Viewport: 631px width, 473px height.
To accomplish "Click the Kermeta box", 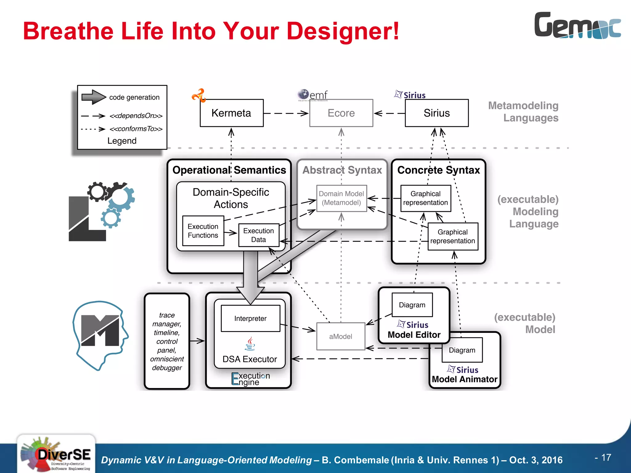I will click(231, 113).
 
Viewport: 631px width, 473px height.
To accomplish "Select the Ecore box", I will click(341, 113).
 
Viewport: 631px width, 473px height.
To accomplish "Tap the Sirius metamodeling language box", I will click(437, 113).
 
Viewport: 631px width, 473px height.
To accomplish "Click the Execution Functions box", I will click(203, 231).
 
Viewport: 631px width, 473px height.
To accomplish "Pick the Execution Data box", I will click(259, 235).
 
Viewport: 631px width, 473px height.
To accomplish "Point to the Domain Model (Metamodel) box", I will click(341, 198).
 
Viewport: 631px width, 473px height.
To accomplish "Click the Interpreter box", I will click(250, 318).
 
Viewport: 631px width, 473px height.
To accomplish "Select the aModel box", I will click(340, 336).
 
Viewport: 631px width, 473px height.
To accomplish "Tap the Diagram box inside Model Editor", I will click(412, 305).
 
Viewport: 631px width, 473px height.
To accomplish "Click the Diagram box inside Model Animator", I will click(462, 350).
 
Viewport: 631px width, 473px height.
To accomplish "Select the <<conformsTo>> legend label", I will click(136, 129).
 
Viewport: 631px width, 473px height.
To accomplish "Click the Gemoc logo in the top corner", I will click(577, 26).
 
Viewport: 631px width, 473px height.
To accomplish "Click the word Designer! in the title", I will click(343, 31).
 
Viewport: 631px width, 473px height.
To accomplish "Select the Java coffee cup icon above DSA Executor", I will click(250, 344).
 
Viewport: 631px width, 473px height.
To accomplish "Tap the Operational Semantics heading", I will click(229, 170).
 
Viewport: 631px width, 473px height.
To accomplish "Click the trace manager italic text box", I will click(167, 341).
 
